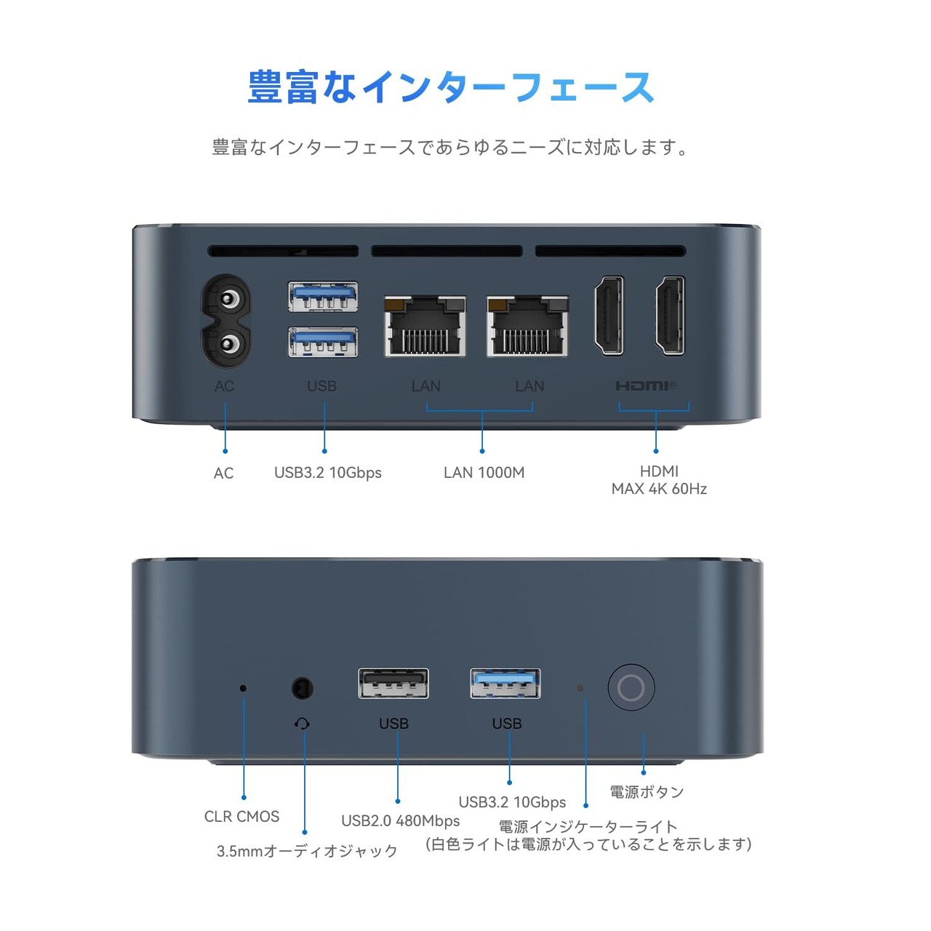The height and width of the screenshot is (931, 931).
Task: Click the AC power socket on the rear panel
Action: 228,321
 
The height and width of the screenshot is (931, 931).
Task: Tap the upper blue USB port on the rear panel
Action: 323,297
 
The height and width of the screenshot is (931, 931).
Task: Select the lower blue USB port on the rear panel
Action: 323,342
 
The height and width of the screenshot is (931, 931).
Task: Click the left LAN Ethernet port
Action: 425,326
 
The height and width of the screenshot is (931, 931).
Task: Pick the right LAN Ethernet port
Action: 527,326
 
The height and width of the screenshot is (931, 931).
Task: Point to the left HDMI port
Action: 609,316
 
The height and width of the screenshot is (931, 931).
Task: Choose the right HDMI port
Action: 670,316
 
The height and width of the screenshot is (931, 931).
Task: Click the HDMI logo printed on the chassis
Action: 645,385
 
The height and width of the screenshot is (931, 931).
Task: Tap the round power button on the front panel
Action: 631,687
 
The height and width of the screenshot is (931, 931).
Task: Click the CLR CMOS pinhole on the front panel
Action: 243,688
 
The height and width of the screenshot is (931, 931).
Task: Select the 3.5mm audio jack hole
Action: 302,687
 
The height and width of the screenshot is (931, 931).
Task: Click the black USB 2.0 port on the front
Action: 393,684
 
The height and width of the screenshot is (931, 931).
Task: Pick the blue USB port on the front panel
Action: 506,684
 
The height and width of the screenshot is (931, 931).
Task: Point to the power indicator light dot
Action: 580,688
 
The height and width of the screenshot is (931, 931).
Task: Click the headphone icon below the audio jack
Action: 303,723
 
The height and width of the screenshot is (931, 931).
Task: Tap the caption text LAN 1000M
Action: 484,473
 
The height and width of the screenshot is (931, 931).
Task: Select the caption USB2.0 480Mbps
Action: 400,821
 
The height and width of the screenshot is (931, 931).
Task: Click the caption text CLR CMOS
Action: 241,817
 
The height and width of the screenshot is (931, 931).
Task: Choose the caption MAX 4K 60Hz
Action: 659,489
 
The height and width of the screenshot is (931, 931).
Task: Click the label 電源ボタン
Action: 647,792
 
